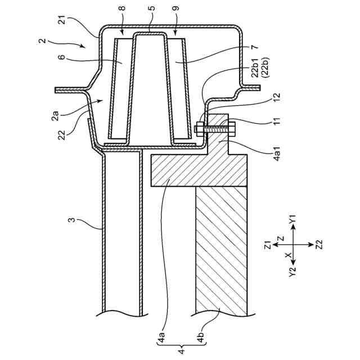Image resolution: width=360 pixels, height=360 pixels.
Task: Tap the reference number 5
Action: coord(150,10)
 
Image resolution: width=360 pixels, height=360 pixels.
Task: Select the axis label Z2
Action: coord(319,245)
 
